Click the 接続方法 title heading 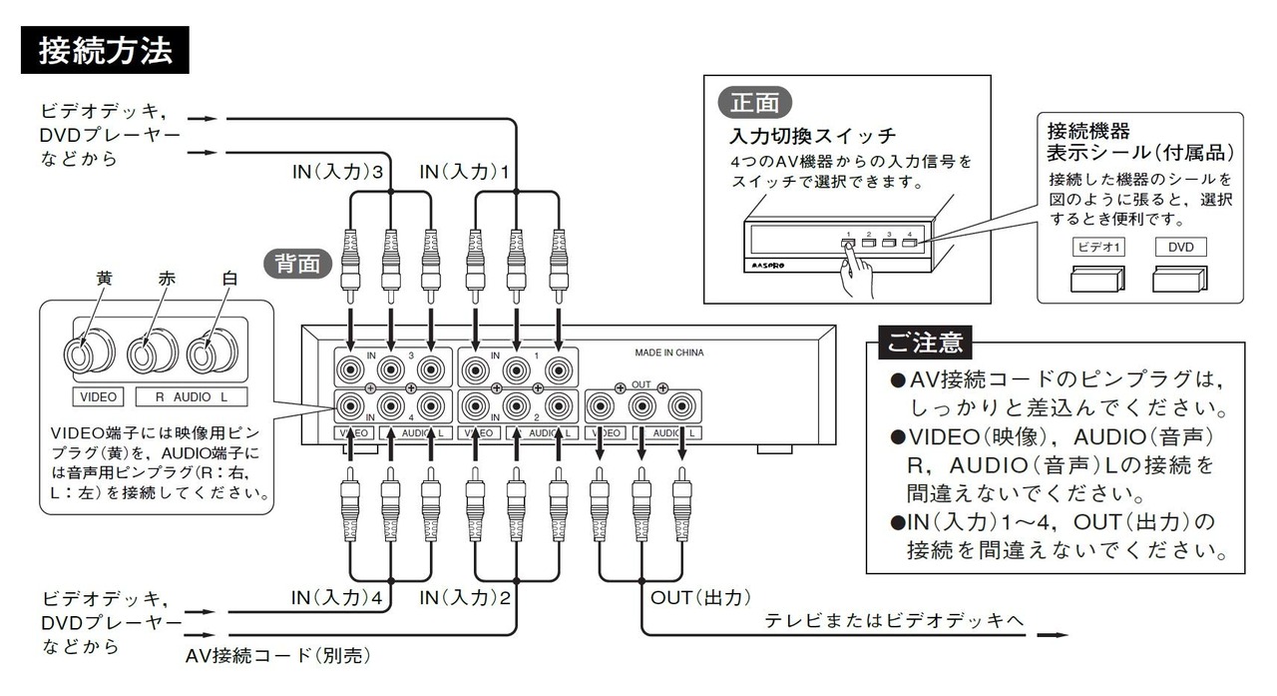click(105, 50)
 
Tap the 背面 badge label click(297, 265)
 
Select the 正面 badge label click(755, 103)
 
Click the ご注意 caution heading click(925, 343)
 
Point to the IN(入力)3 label click(337, 172)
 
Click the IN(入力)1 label click(464, 172)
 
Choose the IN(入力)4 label click(336, 598)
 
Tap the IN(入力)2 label click(465, 598)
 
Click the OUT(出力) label click(700, 598)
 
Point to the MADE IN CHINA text click(669, 352)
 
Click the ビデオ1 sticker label click(1098, 247)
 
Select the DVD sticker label click(1180, 247)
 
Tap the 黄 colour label click(105, 279)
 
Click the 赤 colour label click(167, 279)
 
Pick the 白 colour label click(229, 279)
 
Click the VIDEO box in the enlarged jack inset click(98, 397)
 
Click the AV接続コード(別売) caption click(277, 656)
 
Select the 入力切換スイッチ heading click(812, 136)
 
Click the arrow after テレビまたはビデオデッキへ click(1053, 635)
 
